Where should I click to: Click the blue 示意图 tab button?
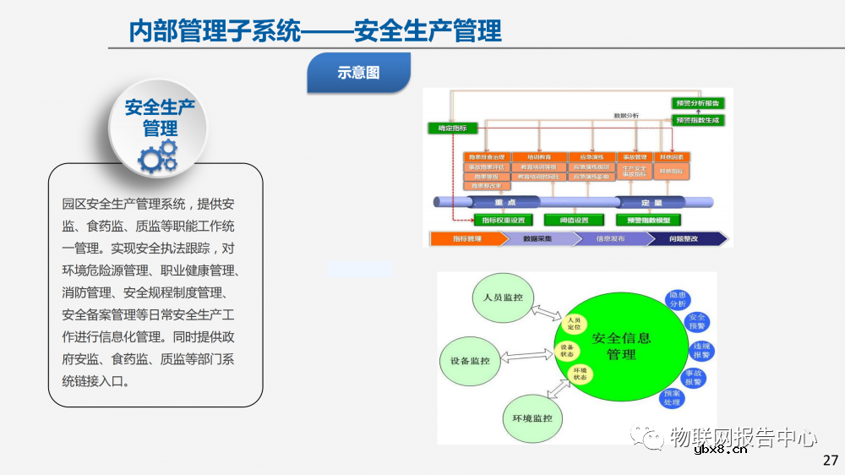coord(359,73)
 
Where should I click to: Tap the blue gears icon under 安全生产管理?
coord(158,156)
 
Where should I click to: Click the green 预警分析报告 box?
coord(698,103)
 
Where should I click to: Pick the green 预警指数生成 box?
coord(698,120)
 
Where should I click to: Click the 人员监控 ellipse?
coord(503,298)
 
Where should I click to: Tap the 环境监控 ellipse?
coord(532,418)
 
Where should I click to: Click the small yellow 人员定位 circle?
coord(575,323)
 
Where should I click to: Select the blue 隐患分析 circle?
coord(677,299)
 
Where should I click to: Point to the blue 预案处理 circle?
coord(672,397)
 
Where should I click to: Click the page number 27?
coord(830,461)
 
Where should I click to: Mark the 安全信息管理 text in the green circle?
coord(622,346)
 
